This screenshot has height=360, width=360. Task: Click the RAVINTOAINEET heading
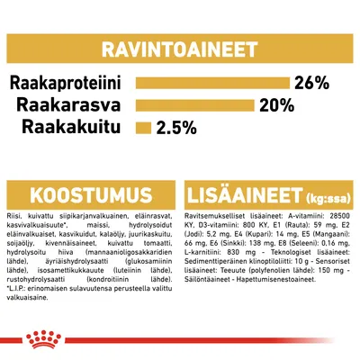pos(179,44)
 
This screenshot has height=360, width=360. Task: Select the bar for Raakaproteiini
pos(212,84)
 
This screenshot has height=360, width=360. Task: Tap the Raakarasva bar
pos(194,105)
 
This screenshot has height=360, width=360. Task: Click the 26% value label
pos(312,84)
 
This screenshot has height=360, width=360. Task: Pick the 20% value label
pos(276,105)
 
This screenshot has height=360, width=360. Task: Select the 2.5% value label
pos(175,127)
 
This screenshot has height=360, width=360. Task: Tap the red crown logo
pos(179,339)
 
